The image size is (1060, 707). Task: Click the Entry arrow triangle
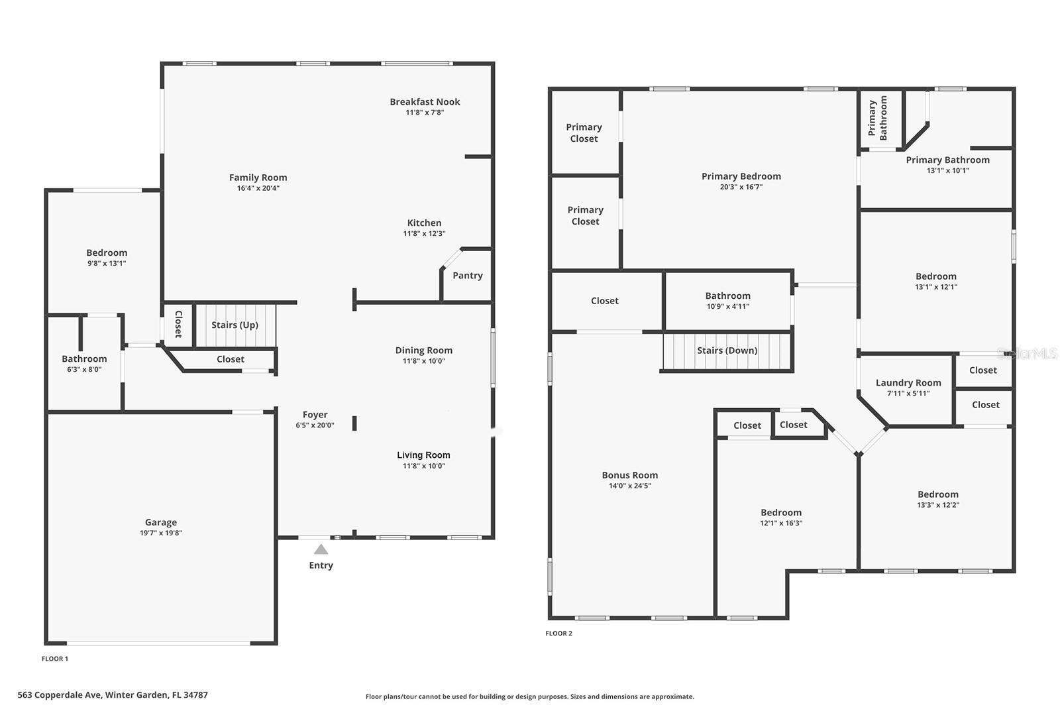click(x=321, y=549)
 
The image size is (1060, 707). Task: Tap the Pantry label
click(x=468, y=276)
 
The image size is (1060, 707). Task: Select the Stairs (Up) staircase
click(x=235, y=325)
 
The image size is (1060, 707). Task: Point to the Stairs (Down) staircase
click(x=727, y=351)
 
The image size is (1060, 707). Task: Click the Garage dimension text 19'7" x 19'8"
click(x=161, y=533)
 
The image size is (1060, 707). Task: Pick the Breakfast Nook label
click(x=425, y=101)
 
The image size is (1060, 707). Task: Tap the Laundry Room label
click(x=908, y=382)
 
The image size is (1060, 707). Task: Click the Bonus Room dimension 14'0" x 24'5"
click(x=629, y=486)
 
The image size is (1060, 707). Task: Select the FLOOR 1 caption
click(x=55, y=659)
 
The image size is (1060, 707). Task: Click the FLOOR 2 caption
click(x=558, y=633)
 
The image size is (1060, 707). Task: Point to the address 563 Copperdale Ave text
click(x=113, y=695)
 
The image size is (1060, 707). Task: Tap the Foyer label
click(x=315, y=415)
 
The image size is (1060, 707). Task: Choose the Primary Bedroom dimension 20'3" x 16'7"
click(x=741, y=187)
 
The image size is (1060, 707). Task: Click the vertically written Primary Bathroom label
click(x=877, y=118)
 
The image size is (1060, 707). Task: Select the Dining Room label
click(x=424, y=351)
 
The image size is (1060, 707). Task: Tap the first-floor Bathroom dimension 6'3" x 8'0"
click(x=84, y=370)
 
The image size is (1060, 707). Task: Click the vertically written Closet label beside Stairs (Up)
click(x=178, y=324)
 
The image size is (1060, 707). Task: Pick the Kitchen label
click(x=424, y=223)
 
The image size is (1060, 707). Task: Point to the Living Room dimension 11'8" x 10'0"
click(x=424, y=466)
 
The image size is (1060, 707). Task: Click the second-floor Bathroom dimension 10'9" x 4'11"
click(x=727, y=306)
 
